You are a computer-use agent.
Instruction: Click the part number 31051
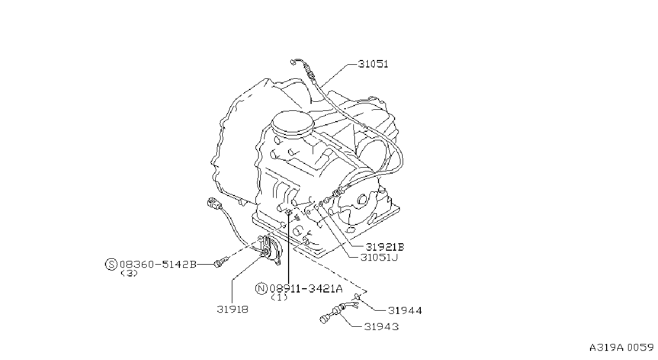pyautogui.click(x=373, y=64)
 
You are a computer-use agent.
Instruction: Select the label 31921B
pyautogui.click(x=385, y=247)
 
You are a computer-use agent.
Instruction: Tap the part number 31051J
pyautogui.click(x=379, y=258)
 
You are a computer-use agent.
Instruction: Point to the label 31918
pyautogui.click(x=233, y=309)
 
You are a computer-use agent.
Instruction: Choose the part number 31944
pyautogui.click(x=405, y=310)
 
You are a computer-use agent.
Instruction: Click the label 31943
pyautogui.click(x=381, y=326)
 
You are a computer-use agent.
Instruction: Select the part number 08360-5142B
pyautogui.click(x=158, y=265)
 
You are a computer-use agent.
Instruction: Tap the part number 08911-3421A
pyautogui.click(x=306, y=289)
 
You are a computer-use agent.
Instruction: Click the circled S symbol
pyautogui.click(x=111, y=265)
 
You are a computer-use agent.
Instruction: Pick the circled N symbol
pyautogui.click(x=261, y=289)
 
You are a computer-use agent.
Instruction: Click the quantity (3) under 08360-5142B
pyautogui.click(x=129, y=273)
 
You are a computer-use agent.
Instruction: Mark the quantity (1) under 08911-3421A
pyautogui.click(x=279, y=297)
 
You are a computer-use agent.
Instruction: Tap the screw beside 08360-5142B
pyautogui.click(x=222, y=262)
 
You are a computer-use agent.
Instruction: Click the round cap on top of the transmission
pyautogui.click(x=292, y=124)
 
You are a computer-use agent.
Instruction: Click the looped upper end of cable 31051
pyautogui.click(x=296, y=62)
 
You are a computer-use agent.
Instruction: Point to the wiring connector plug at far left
pyautogui.click(x=214, y=204)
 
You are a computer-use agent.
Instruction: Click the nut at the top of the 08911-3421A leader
pyautogui.click(x=289, y=212)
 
